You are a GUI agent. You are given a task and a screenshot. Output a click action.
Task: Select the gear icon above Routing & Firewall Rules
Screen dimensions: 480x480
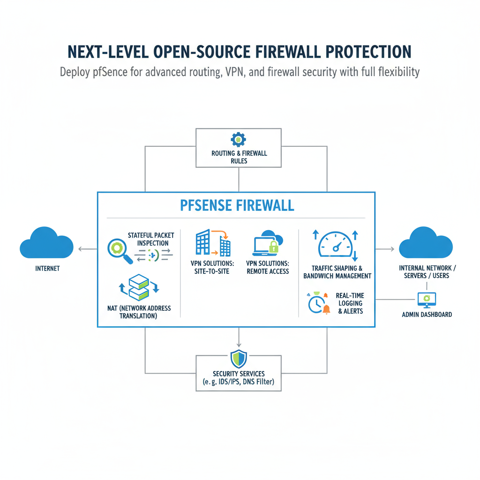(239, 139)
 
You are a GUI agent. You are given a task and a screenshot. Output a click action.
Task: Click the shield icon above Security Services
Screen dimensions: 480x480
(239, 359)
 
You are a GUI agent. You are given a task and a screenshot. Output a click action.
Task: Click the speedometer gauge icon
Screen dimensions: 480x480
(335, 245)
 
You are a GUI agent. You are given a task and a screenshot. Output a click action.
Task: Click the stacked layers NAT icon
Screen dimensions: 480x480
(139, 287)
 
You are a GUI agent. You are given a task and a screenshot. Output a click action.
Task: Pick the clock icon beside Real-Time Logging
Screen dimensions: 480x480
(317, 304)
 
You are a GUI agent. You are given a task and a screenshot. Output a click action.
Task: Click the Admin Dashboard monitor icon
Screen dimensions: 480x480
(427, 299)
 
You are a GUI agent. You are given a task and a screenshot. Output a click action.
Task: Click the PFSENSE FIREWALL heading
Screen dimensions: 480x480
(237, 205)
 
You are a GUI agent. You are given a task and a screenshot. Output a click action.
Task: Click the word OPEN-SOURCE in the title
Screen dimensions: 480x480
(205, 51)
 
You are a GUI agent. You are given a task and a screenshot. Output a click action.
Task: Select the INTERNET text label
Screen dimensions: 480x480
(47, 269)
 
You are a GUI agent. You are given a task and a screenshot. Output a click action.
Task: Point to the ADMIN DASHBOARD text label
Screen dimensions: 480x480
(427, 314)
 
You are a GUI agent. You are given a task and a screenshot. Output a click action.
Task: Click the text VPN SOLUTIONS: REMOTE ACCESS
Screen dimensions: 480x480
(268, 267)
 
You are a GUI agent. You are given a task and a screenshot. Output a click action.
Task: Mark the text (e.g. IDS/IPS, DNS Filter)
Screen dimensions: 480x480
(239, 382)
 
